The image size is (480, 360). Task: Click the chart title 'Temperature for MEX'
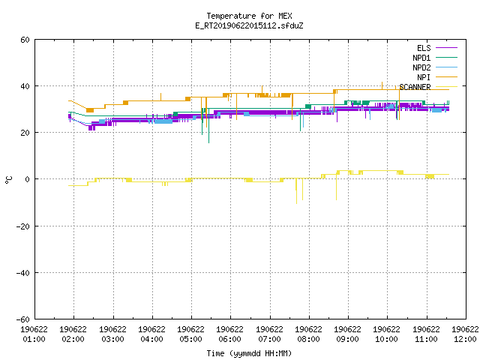pyautogui.click(x=249, y=16)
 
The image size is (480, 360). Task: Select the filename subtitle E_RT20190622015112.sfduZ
pyautogui.click(x=249, y=25)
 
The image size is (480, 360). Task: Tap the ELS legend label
pyautogui.click(x=424, y=48)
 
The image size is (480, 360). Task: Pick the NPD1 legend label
pyautogui.click(x=421, y=58)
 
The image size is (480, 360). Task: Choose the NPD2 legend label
pyautogui.click(x=421, y=67)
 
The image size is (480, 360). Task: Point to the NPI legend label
pyautogui.click(x=424, y=77)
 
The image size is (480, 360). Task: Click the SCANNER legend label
pyautogui.click(x=415, y=87)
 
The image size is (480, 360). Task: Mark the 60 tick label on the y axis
pyautogui.click(x=25, y=40)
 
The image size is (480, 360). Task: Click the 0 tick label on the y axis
pyautogui.click(x=28, y=179)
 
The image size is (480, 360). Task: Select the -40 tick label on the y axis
pyautogui.click(x=23, y=273)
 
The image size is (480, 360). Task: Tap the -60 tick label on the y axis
pyautogui.click(x=23, y=319)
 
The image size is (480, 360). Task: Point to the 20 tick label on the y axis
pyautogui.click(x=25, y=133)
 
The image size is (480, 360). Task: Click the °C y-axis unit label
pyautogui.click(x=9, y=180)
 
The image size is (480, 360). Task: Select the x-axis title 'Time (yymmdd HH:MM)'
pyautogui.click(x=249, y=353)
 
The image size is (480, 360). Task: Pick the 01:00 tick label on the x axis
pyautogui.click(x=34, y=339)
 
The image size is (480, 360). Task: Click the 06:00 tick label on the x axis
pyautogui.click(x=229, y=339)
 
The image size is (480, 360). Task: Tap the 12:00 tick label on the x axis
pyautogui.click(x=465, y=339)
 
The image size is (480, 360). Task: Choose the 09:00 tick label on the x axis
pyautogui.click(x=347, y=339)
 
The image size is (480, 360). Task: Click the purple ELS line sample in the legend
pyautogui.click(x=446, y=48)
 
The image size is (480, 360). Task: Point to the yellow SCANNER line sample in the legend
pyautogui.click(x=446, y=87)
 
